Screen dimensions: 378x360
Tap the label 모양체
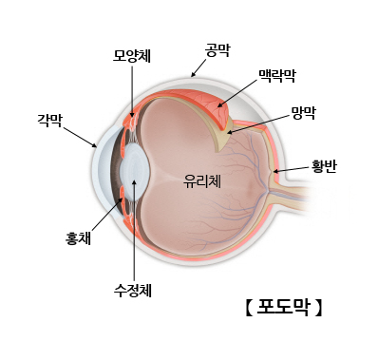point(131,56)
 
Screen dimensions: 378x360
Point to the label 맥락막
point(277,73)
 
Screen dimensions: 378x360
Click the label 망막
point(304,111)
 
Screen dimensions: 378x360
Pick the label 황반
point(324,166)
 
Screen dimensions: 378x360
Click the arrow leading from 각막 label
point(80,135)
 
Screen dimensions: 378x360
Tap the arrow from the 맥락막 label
point(237,92)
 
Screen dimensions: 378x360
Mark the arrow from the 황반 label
point(288,170)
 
